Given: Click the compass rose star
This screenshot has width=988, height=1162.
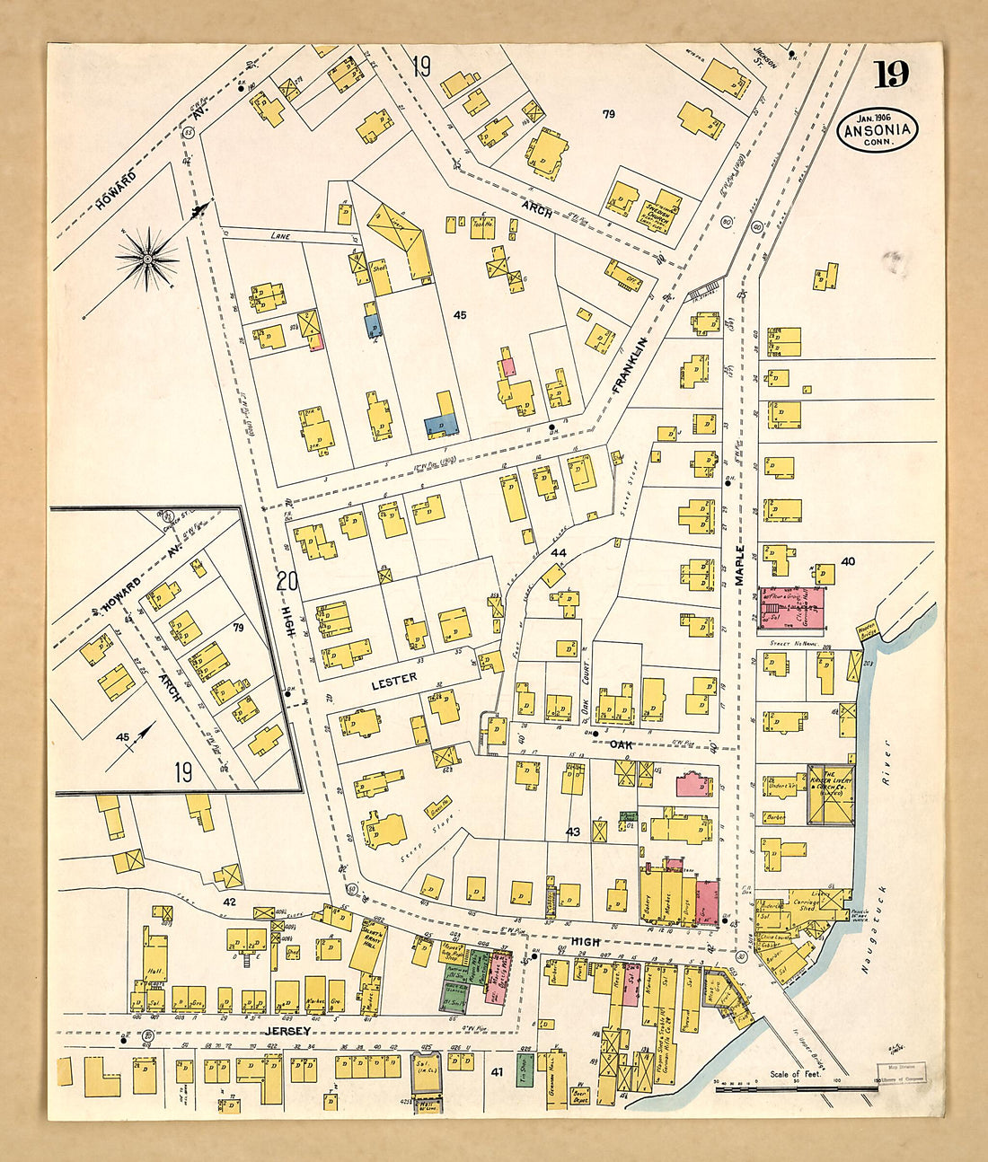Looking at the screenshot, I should (146, 260).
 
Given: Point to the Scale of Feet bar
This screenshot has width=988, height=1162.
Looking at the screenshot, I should (796, 1088).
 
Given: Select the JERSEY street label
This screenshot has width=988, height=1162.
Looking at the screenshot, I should (287, 1032).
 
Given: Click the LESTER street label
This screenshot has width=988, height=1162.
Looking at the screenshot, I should (394, 679).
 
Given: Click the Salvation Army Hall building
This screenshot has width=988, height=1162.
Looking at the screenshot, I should (367, 950).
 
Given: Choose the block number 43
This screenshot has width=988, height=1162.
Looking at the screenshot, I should (573, 832).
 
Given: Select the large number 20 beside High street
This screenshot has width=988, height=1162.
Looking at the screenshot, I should (287, 581).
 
